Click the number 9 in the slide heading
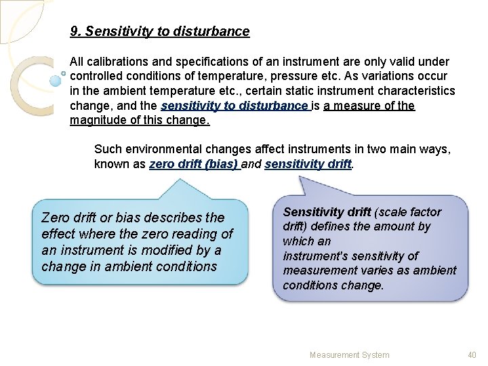click(x=74, y=32)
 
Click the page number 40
click(x=472, y=354)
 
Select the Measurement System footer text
click(x=349, y=354)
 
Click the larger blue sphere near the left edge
click(x=56, y=81)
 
